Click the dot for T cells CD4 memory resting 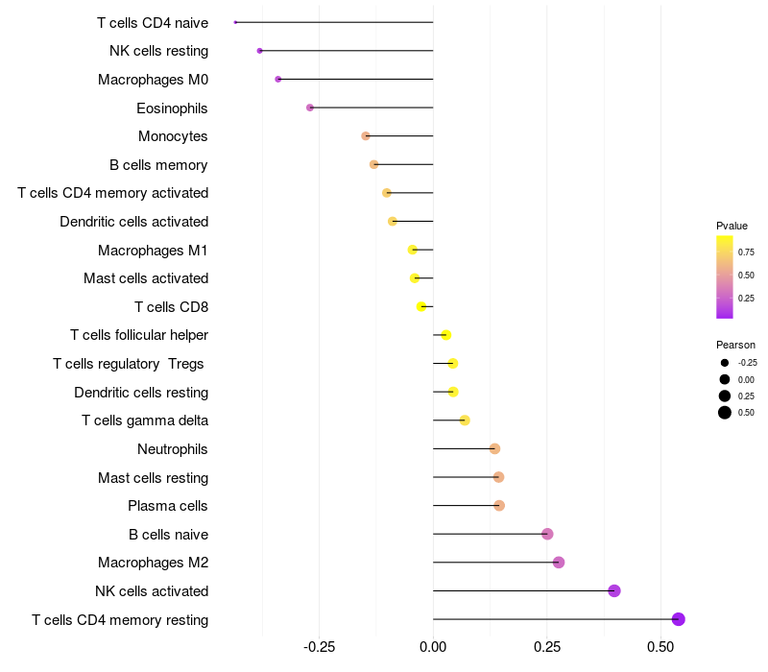[679, 619]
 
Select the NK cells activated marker [614, 590]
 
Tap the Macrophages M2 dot [559, 563]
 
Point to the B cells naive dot [547, 534]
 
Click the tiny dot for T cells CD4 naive [235, 22]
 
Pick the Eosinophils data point [310, 108]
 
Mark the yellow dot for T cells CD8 [421, 306]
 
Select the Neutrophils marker [494, 448]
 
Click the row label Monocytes [173, 136]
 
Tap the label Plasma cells [168, 506]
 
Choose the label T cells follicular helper [139, 335]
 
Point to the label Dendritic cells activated [134, 222]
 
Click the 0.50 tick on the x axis [661, 648]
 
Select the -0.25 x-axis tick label [319, 648]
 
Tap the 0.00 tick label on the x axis [433, 648]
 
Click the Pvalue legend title [732, 226]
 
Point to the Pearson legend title [735, 345]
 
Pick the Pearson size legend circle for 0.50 [724, 413]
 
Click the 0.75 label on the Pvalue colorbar [746, 252]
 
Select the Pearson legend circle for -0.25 [724, 363]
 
